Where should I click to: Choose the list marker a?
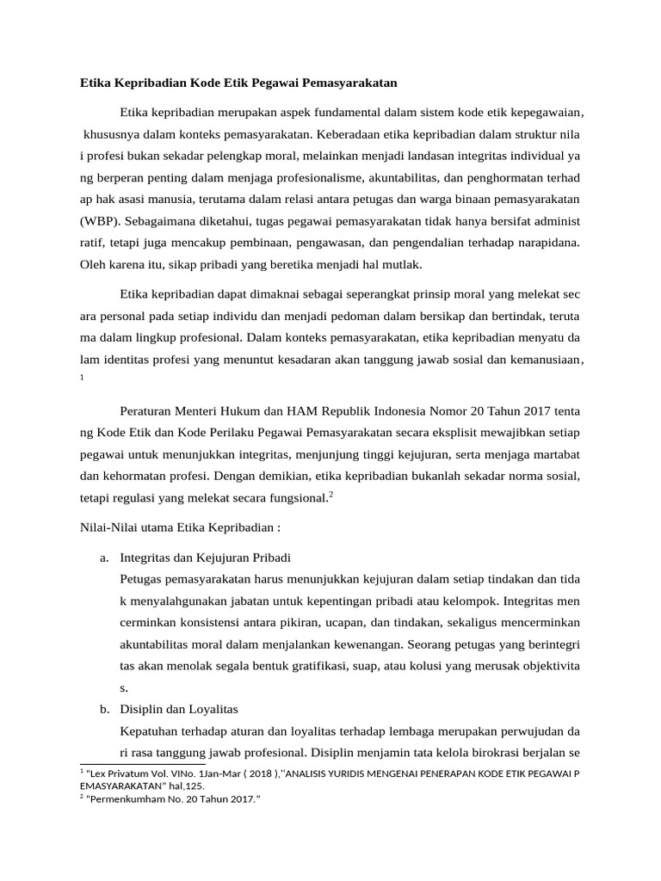point(103,558)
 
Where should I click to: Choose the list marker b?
point(103,709)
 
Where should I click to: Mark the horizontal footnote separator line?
point(142,763)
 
